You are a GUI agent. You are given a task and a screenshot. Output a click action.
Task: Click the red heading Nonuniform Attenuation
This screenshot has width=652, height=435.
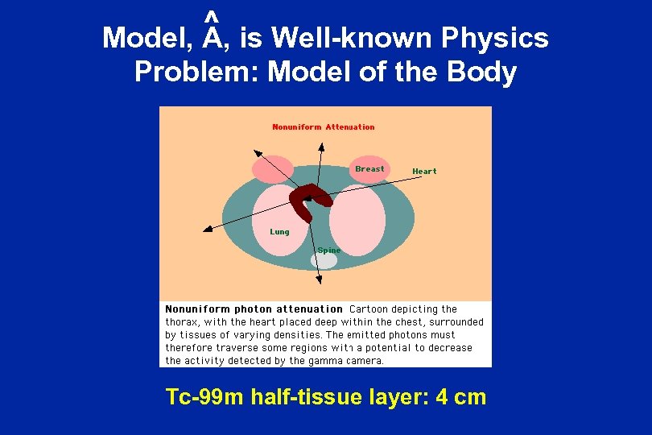point(324,126)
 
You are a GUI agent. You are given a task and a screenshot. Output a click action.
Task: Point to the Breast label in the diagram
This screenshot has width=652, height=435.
point(369,169)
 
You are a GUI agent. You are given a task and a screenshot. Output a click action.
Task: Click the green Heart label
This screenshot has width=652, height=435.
point(424,171)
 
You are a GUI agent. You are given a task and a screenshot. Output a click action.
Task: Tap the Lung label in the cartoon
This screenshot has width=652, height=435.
point(279,232)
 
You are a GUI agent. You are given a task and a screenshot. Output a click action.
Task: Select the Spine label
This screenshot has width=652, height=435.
point(328,251)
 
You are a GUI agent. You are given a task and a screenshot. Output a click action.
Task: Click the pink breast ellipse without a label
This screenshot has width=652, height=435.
point(273,169)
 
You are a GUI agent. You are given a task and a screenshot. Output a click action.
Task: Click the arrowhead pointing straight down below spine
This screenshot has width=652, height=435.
point(319,280)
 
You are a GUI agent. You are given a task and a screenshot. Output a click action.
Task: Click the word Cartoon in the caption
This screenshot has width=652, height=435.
point(371,309)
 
